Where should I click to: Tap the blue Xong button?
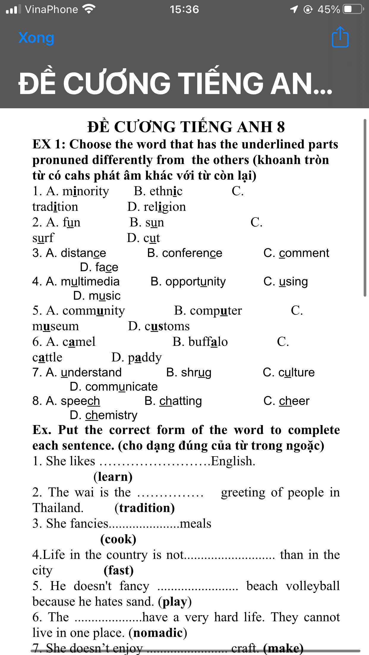tap(36, 38)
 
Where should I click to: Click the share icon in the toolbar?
tap(340, 37)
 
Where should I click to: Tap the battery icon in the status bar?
tap(352, 9)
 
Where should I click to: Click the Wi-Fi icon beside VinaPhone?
tap(89, 9)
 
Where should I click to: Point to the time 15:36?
tap(184, 9)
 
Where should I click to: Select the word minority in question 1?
tap(86, 191)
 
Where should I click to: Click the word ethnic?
tap(166, 191)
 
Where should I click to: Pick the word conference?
tap(192, 253)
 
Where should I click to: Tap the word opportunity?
tap(195, 282)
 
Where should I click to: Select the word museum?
tap(56, 326)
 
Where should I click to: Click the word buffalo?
tap(208, 342)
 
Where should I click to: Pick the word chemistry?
tap(111, 415)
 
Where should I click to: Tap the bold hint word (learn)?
tap(113, 477)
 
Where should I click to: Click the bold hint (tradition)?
tap(145, 508)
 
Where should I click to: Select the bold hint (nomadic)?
tap(158, 632)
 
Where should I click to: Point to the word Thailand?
tap(58, 508)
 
